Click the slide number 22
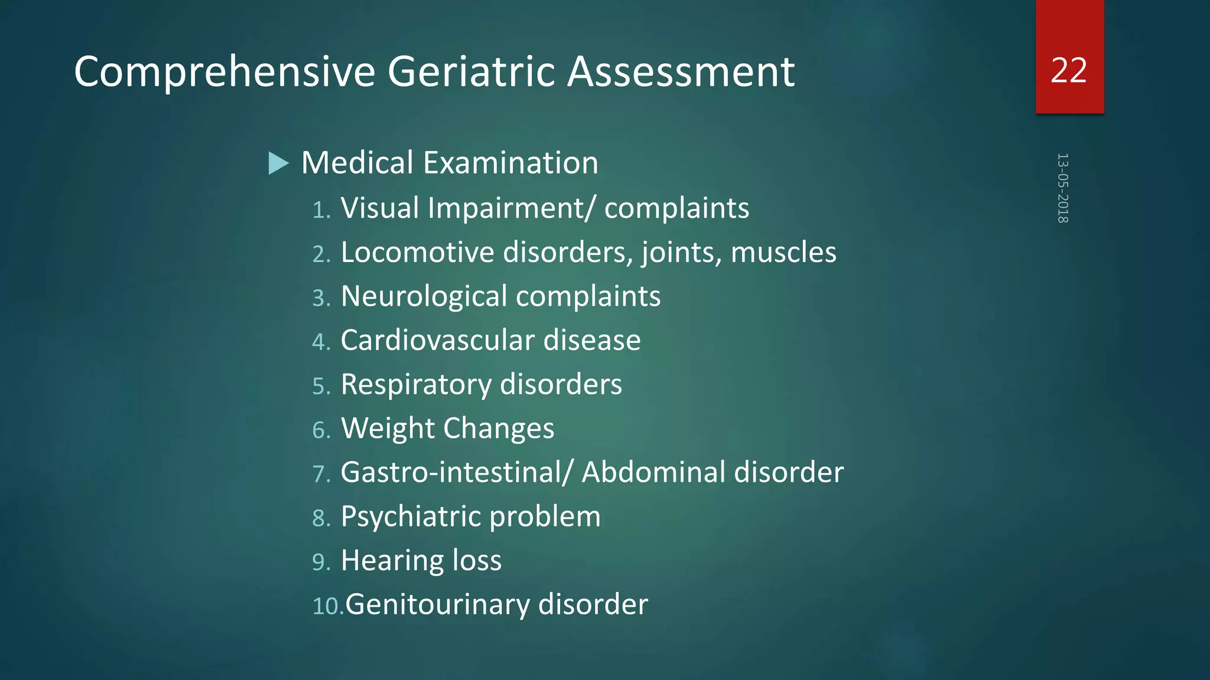click(1069, 70)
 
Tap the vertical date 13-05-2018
click(1062, 188)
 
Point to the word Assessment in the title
click(681, 71)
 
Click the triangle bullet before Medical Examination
click(278, 164)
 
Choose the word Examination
click(510, 163)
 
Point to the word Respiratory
click(415, 385)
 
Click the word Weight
click(388, 429)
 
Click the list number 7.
click(321, 474)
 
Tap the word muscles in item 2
click(783, 252)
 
